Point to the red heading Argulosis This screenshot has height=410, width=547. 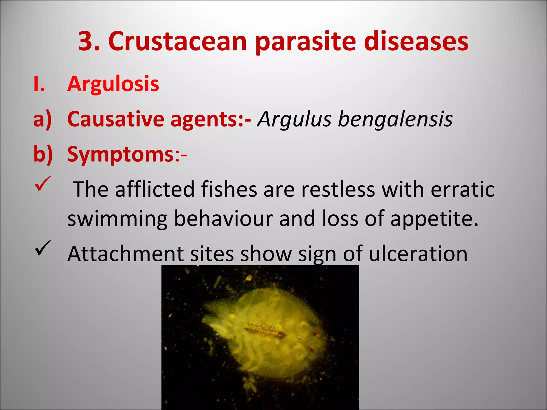point(113,84)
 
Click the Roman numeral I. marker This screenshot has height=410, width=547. point(39,84)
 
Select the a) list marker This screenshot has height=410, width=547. point(42,119)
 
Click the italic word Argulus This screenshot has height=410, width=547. point(294,120)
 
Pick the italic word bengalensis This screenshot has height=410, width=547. point(395,119)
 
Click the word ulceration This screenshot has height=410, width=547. point(418,254)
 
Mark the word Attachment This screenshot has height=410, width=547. point(126,254)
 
